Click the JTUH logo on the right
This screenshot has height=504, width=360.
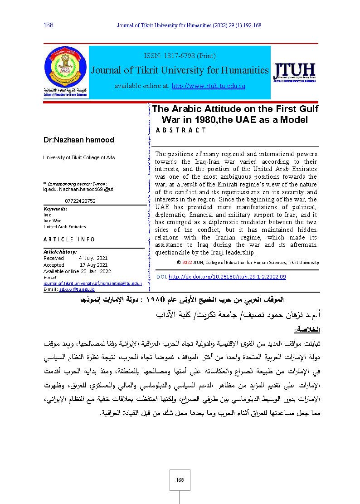[x=294, y=73]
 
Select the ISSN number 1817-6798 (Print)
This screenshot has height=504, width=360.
[x=180, y=56]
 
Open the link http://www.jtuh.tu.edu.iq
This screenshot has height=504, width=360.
[x=208, y=86]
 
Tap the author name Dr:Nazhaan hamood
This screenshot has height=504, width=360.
[x=78, y=140]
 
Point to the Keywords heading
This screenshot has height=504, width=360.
[x=55, y=209]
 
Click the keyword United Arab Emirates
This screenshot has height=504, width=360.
[x=64, y=226]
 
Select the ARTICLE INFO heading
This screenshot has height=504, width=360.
[x=69, y=239]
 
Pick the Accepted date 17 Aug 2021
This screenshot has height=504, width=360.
[x=93, y=265]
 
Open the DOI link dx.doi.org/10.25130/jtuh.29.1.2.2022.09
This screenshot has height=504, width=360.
[x=227, y=277]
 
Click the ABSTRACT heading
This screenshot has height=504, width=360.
[x=180, y=130]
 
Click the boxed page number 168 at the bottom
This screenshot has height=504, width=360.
[x=180, y=480]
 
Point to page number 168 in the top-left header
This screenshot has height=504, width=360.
[x=49, y=25]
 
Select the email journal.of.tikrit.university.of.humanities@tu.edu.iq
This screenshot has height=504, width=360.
[x=92, y=284]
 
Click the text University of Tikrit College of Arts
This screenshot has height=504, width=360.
[x=79, y=157]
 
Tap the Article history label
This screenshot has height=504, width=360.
[x=60, y=251]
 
